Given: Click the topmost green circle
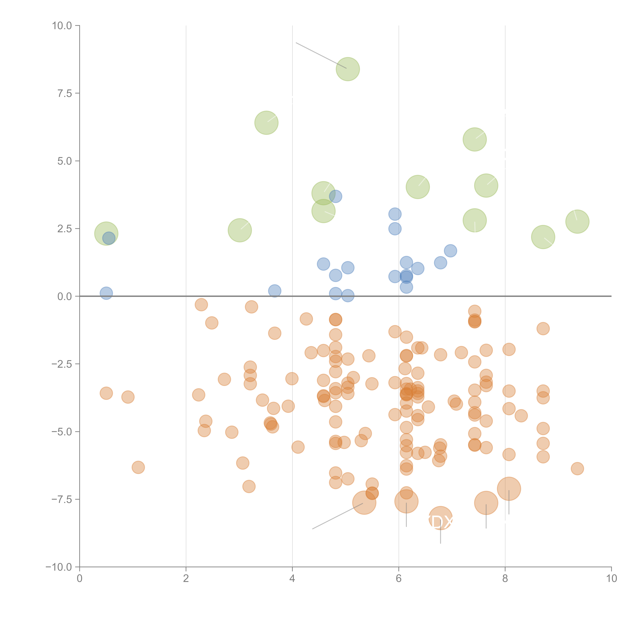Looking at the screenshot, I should [x=348, y=69].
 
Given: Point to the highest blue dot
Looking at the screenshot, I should [x=335, y=196].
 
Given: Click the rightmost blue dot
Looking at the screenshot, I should [x=450, y=251].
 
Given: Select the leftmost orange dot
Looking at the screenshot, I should [x=106, y=393].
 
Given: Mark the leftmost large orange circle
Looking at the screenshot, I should [x=364, y=502].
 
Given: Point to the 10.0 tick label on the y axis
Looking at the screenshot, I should [x=62, y=26].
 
